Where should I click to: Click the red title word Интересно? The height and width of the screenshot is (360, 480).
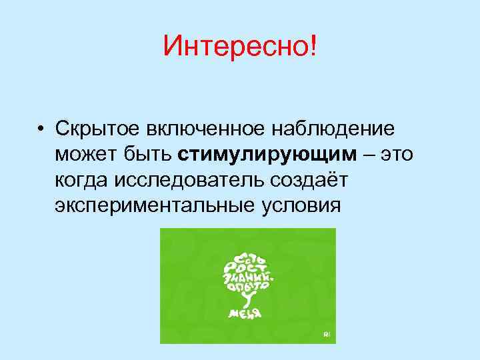point(240,47)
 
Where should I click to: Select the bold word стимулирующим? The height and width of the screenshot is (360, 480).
point(268,155)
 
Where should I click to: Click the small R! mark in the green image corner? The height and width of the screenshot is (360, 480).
point(326,333)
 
